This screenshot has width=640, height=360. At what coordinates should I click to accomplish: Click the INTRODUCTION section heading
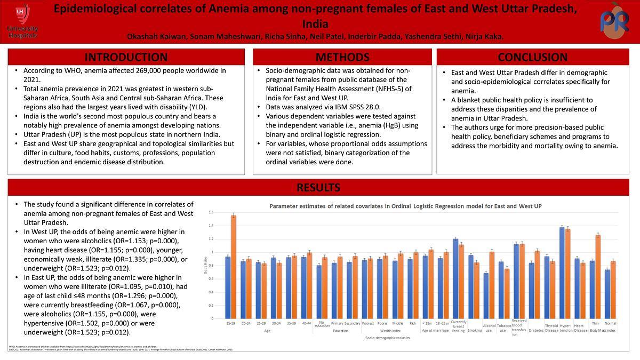point(126,57)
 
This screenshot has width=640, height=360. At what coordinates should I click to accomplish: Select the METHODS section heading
point(342,57)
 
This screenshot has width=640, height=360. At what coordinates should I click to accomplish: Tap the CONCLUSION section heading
point(532,57)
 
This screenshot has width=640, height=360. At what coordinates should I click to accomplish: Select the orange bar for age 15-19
point(234,267)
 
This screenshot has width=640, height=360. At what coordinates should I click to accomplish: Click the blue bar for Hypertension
point(562,273)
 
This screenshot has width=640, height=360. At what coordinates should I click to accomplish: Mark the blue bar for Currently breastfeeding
point(455,278)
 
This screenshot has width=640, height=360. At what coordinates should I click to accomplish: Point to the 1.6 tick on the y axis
point(211,212)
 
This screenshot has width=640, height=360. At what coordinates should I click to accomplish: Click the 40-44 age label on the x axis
point(307,323)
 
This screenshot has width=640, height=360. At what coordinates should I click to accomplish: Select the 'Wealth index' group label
point(390,331)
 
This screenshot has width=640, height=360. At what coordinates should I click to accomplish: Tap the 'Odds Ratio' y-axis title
point(206,266)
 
